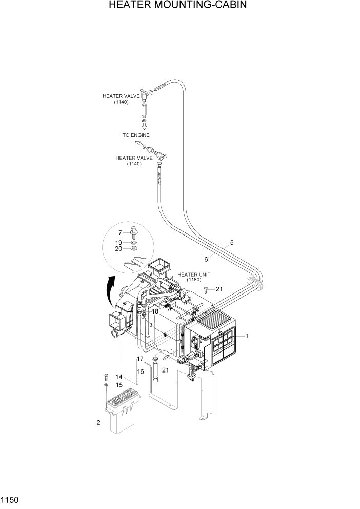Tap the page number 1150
(10, 499)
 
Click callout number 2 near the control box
(98, 423)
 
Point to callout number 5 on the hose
(232, 242)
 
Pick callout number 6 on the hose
(206, 259)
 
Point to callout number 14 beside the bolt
(119, 377)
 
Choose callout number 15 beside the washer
(119, 385)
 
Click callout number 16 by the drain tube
(140, 371)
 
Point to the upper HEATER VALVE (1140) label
(122, 99)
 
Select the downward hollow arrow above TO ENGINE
(144, 125)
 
